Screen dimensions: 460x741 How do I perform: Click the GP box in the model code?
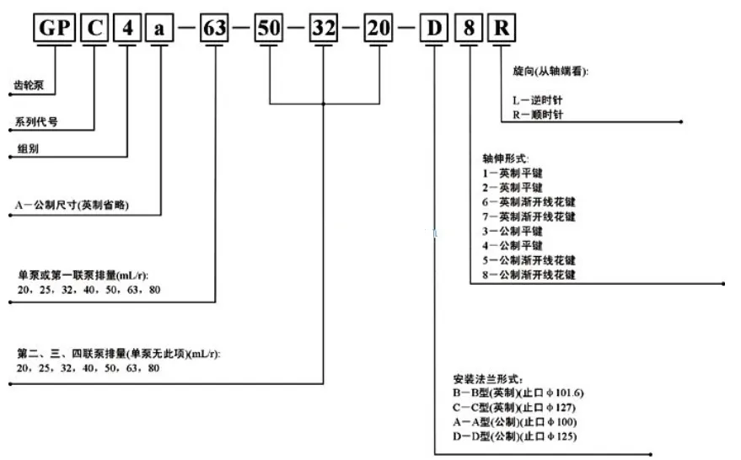(55, 28)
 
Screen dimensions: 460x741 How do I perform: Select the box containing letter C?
(94, 28)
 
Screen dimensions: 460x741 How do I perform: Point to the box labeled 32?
(325, 28)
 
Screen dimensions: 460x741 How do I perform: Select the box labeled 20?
(379, 28)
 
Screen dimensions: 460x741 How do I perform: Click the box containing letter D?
(434, 28)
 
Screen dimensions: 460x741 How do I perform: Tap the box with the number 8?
(469, 28)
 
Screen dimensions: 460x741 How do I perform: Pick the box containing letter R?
(502, 28)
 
